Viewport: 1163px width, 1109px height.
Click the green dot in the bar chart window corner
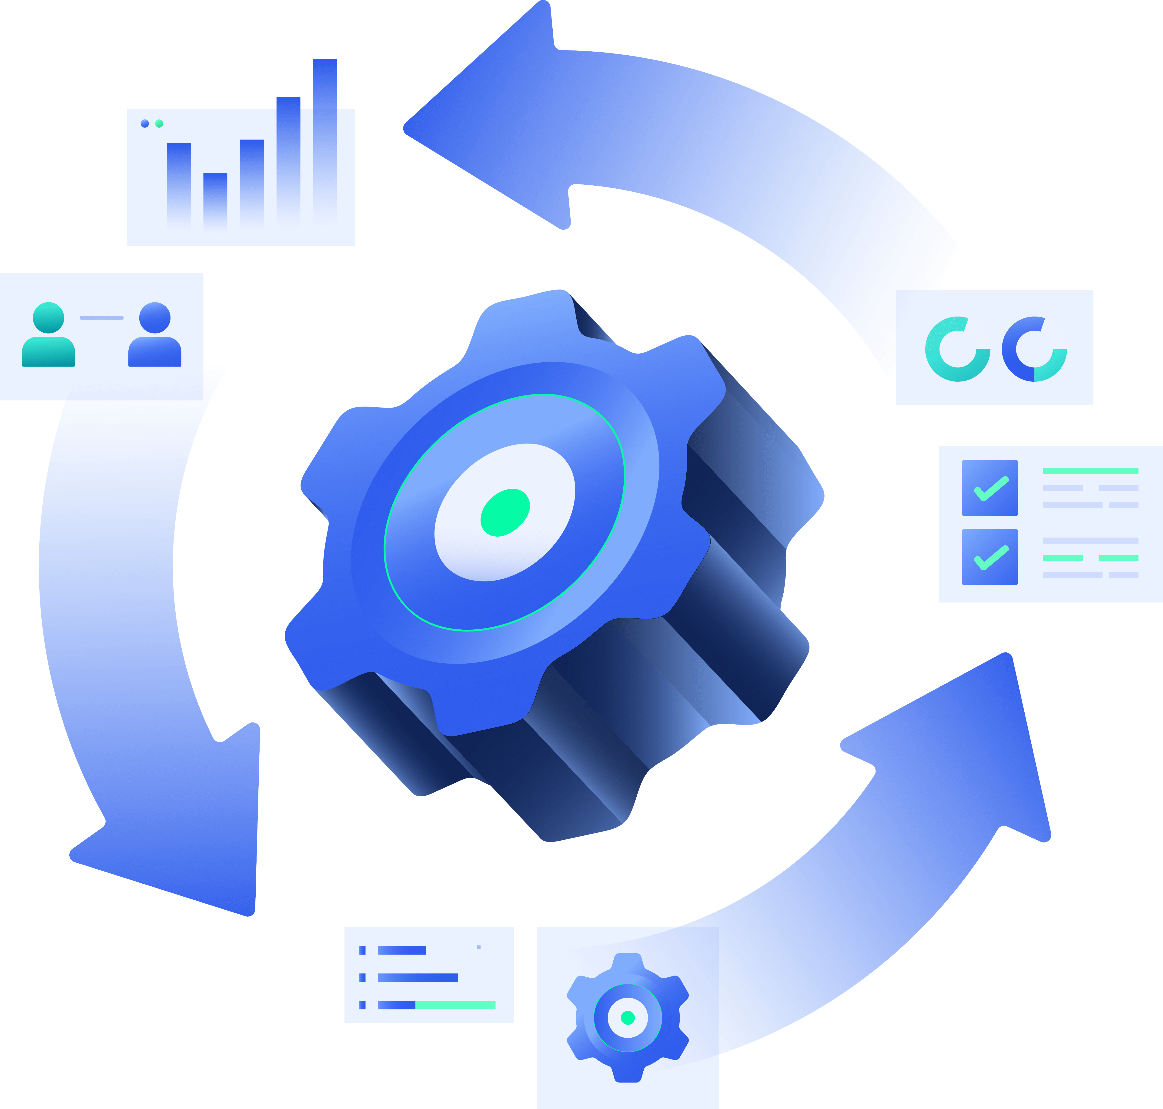(159, 124)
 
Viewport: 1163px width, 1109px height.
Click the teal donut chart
(958, 349)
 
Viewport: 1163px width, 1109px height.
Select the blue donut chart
(1034, 349)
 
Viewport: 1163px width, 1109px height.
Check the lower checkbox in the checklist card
(990, 557)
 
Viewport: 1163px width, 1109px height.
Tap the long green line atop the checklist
(1090, 471)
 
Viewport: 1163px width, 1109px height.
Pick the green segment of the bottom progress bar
(455, 1005)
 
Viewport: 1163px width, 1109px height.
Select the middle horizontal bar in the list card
(418, 978)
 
